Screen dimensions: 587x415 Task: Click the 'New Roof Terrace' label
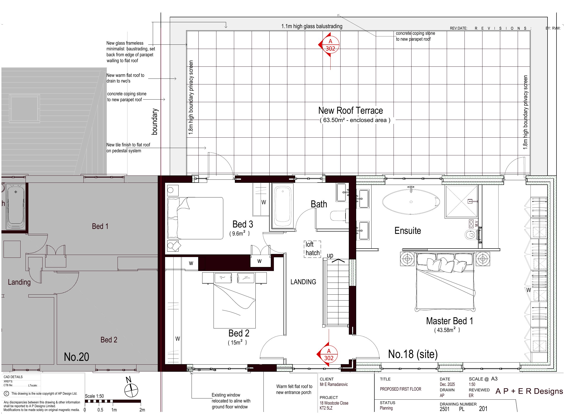350,110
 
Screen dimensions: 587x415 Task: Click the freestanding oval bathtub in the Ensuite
411,202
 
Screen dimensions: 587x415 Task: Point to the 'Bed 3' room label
243,224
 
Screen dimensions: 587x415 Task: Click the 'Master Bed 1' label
449,321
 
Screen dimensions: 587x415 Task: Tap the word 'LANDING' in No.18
303,282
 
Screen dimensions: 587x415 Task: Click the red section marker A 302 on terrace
329,45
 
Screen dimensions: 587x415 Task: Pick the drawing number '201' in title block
483,409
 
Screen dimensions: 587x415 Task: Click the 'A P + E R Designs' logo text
529,391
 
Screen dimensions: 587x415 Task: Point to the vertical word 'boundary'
155,122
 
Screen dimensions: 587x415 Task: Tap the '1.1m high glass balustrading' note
312,26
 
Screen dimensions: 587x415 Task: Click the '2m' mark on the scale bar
142,410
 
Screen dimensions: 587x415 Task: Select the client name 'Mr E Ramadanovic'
334,384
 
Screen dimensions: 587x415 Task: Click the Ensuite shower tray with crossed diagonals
461,201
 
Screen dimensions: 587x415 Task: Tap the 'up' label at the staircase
330,255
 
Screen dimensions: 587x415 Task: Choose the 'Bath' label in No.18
319,204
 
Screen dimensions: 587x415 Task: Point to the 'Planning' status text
386,408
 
